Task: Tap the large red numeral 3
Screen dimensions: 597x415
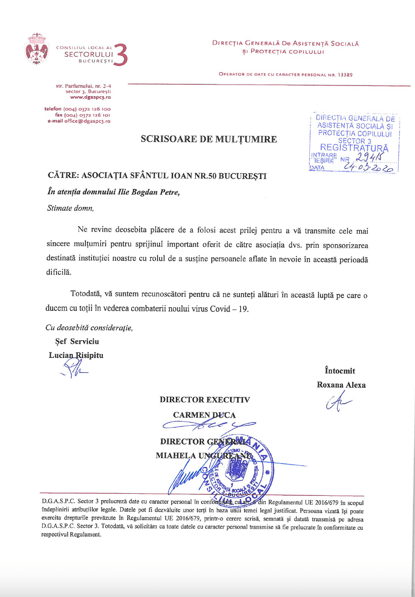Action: click(121, 55)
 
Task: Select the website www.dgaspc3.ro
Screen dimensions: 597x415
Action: click(90, 97)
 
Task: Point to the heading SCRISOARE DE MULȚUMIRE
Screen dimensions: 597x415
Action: click(209, 139)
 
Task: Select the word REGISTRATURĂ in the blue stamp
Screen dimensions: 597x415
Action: click(354, 148)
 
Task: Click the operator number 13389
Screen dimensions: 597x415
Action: click(345, 75)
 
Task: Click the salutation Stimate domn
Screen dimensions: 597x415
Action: click(70, 208)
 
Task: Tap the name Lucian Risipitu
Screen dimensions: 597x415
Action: click(76, 355)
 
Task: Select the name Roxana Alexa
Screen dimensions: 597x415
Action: click(341, 385)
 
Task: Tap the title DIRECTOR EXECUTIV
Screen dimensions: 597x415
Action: click(205, 400)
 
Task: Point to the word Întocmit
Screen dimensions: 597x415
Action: click(340, 371)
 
